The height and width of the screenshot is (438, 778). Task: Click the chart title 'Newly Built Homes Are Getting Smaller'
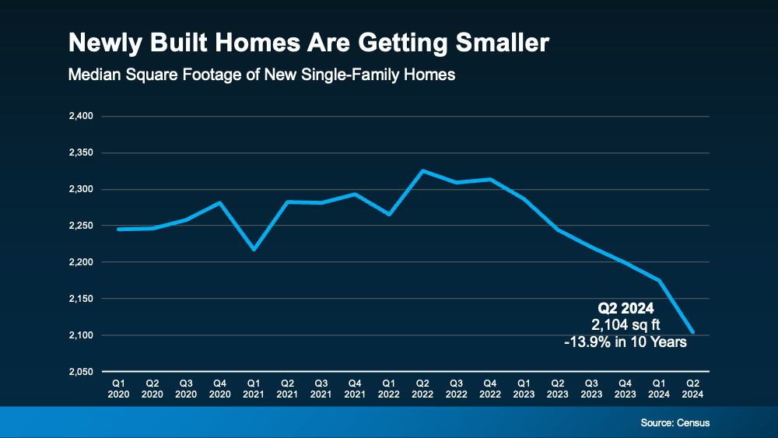point(308,43)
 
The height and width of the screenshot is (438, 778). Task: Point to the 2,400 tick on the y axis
point(81,117)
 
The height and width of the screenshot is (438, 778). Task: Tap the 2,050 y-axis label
point(81,372)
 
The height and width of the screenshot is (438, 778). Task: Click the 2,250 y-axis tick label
point(81,226)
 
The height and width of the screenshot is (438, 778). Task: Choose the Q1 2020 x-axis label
point(118,388)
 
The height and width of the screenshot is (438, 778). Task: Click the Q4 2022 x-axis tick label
point(489,388)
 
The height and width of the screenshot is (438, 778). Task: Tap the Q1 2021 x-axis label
point(254,388)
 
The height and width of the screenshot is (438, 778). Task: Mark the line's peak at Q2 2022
point(422,170)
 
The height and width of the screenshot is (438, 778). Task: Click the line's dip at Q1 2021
point(254,249)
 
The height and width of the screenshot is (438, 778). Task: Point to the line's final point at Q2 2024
point(692,332)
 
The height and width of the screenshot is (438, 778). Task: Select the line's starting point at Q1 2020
point(118,230)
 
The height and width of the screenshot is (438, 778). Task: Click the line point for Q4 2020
point(219,203)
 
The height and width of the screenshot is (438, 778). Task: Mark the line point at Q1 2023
point(523,198)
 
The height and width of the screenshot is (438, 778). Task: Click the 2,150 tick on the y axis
point(81,299)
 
